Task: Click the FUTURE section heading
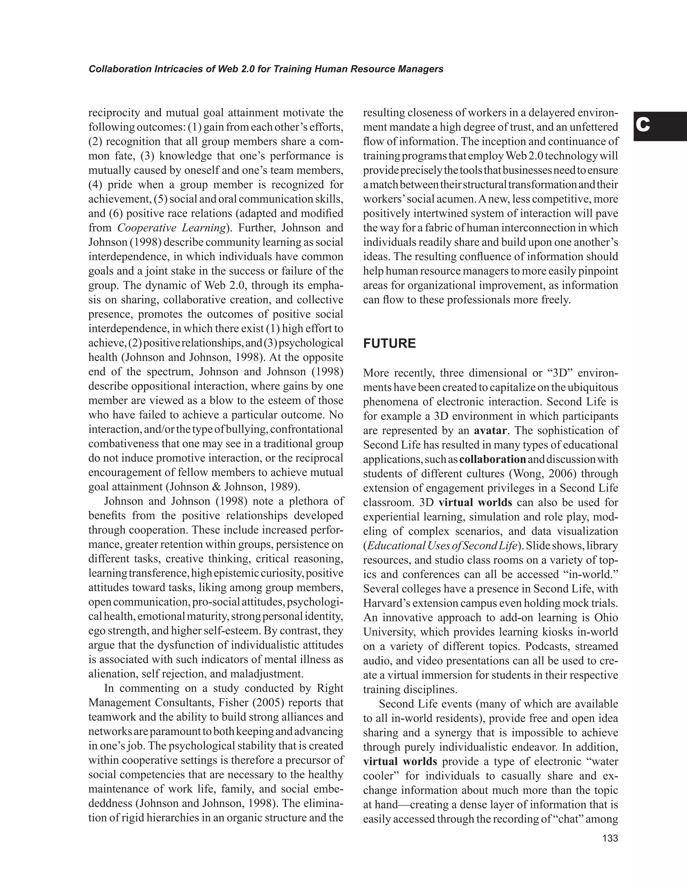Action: (389, 344)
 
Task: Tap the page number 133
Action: (610, 838)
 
